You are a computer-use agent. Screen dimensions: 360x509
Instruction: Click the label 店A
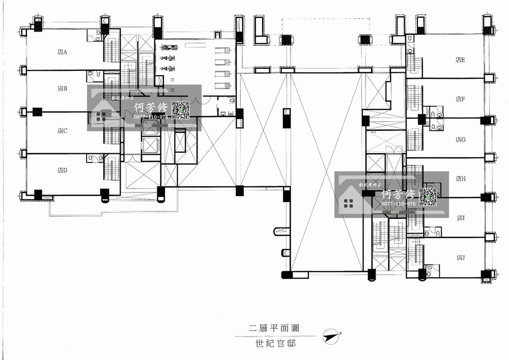[x=63, y=51]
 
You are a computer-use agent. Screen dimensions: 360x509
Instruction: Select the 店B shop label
[x=63, y=89]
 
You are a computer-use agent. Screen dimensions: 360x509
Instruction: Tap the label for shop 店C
[x=63, y=131]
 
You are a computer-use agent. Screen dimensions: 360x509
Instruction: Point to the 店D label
[x=63, y=171]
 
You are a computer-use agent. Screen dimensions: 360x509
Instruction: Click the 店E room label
[x=461, y=60]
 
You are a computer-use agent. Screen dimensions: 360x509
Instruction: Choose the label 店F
[x=461, y=99]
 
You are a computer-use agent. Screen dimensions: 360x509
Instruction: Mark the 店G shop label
[x=461, y=140]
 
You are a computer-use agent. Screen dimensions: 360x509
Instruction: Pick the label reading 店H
[x=461, y=179]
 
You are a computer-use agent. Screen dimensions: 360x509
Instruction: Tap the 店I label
[x=461, y=218]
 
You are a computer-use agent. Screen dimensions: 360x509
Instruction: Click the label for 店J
[x=461, y=258]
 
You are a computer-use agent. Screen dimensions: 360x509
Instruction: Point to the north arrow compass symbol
[x=333, y=336]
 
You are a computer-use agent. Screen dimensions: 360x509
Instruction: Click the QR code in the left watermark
[x=181, y=110]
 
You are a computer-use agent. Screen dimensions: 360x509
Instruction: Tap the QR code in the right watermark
[x=428, y=197]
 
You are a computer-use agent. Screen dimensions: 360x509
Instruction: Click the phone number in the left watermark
[x=151, y=117]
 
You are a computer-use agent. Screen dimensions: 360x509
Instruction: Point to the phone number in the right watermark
[x=399, y=204]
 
